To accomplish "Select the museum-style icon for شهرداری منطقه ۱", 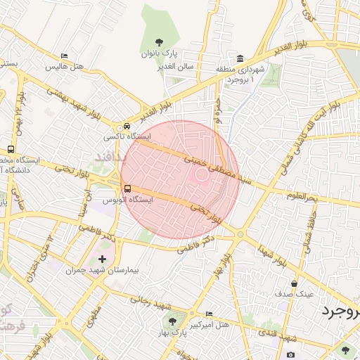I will (x=240, y=58).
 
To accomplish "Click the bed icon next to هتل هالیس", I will (x=65, y=56).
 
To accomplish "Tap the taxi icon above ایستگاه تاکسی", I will (x=127, y=125).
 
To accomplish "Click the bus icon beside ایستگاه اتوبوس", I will (x=127, y=188).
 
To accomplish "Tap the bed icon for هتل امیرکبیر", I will (x=208, y=314).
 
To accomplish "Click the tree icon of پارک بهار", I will (x=172, y=322).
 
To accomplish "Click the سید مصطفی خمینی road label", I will (x=218, y=170).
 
